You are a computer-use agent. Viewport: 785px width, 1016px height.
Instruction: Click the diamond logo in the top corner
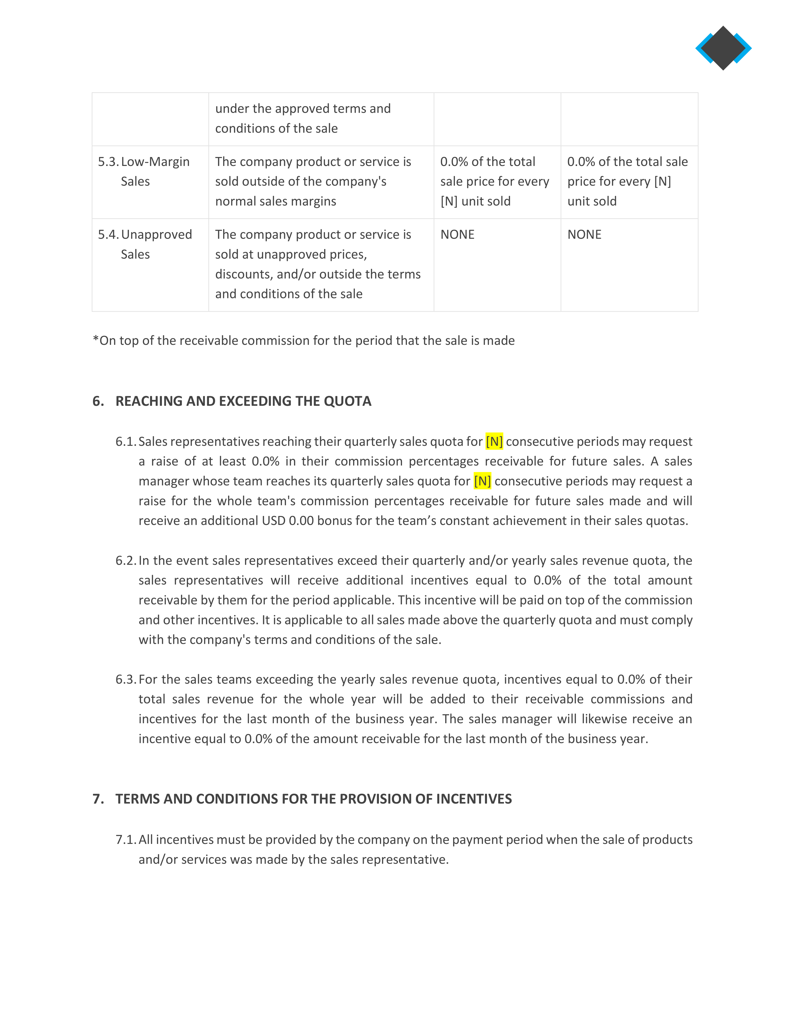point(723,48)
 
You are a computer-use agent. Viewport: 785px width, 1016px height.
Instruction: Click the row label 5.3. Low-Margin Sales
point(144,171)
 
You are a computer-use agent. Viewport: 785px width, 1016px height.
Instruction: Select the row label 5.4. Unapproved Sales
point(145,244)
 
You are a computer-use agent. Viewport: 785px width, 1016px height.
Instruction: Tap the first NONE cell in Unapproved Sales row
point(457,235)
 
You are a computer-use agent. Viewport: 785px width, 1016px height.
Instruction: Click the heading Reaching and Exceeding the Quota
point(243,401)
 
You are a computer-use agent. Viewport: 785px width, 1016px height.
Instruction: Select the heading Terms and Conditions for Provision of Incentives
point(313,799)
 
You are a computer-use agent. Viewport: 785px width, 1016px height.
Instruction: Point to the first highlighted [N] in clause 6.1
point(494,441)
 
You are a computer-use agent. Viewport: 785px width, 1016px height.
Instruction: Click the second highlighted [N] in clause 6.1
point(482,481)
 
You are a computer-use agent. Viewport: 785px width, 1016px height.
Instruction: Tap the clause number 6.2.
point(126,561)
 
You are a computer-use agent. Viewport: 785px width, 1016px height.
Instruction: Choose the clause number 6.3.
point(126,680)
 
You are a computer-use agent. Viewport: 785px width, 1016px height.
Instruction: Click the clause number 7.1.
point(126,840)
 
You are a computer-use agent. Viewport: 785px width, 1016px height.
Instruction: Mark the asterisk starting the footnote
point(96,340)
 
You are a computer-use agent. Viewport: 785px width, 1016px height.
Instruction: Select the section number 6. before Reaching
point(98,401)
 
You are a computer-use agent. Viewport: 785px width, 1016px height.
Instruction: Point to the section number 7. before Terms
point(98,799)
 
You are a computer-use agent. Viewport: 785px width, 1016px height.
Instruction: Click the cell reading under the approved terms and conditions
point(302,119)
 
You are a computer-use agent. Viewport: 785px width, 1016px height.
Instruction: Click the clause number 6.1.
point(126,441)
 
